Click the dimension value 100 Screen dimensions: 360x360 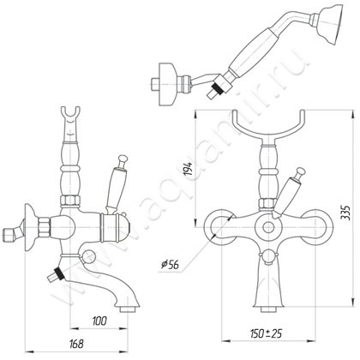[99, 321]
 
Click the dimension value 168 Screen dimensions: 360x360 [76, 344]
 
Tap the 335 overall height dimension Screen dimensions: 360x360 [345, 212]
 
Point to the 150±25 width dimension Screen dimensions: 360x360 [266, 333]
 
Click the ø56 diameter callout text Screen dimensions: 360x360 [170, 265]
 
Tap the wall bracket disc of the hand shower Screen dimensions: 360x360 [167, 84]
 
